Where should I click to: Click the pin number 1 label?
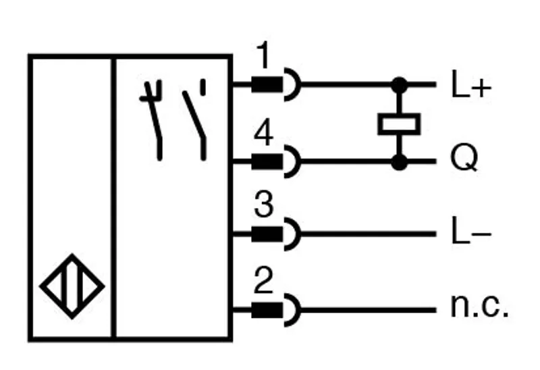tap(264, 55)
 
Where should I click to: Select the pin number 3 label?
tap(264, 205)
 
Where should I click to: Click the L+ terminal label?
tap(471, 84)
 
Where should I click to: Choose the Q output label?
tap(464, 157)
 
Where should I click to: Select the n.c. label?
tap(479, 306)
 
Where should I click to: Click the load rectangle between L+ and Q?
tap(399, 124)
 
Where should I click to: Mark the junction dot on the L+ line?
tap(400, 85)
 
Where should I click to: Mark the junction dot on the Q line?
tap(400, 162)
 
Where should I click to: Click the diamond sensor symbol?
tap(72, 286)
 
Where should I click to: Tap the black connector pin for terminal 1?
tap(267, 85)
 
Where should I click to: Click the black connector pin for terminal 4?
tap(267, 162)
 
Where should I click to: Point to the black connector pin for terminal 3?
tap(267, 234)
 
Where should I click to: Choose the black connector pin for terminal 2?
tap(267, 311)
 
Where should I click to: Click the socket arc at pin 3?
tap(299, 234)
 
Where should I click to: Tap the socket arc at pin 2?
tap(299, 311)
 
